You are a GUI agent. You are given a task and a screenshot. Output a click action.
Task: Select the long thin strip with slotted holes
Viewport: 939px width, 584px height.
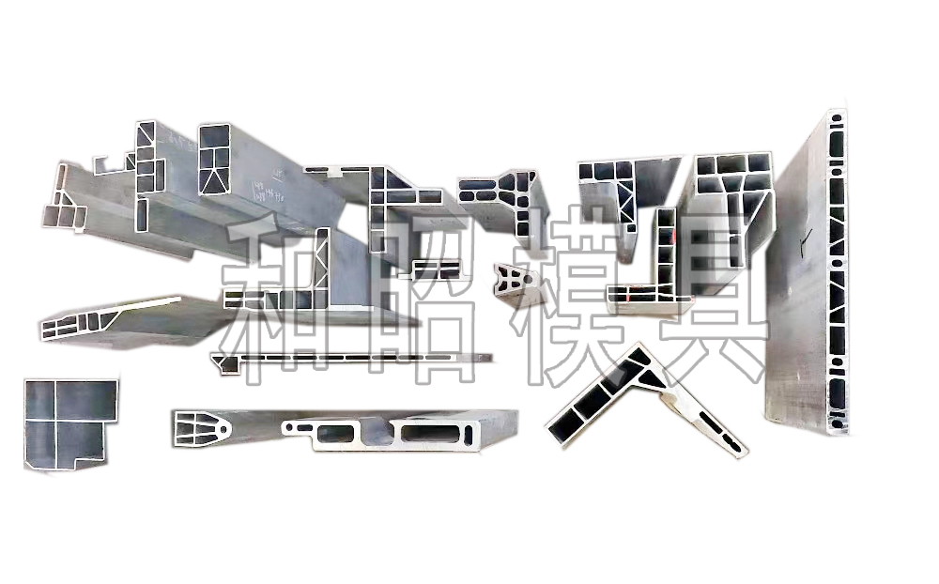coord(357,359)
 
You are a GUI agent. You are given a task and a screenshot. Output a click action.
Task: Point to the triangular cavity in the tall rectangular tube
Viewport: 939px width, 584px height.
coord(215,177)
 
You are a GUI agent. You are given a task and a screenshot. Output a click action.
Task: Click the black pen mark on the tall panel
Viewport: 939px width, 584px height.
coord(798,247)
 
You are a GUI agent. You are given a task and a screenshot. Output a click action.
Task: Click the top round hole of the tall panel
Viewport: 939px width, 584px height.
coord(836,119)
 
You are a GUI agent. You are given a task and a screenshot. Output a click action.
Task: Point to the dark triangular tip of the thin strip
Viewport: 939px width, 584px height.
coord(225,365)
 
